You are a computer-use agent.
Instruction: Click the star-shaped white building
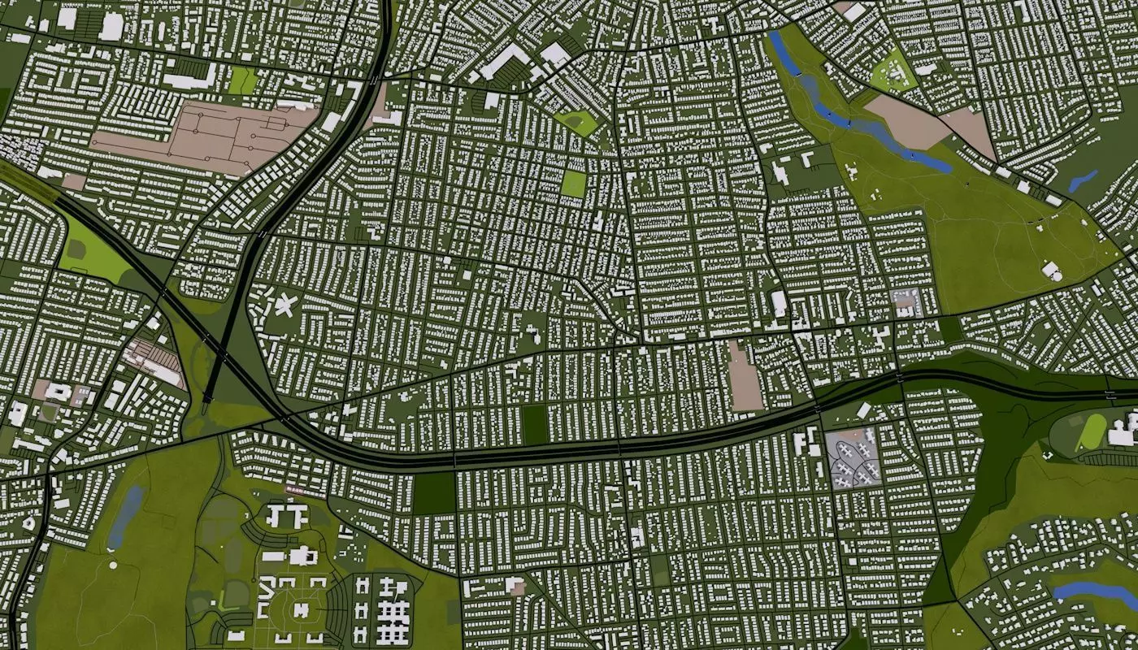(284, 305)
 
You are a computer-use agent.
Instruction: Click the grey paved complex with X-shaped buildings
(853, 457)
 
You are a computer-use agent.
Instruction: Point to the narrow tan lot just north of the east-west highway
(744, 376)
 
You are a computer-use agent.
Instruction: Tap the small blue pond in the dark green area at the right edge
(1083, 180)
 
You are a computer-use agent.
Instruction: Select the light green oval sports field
(1091, 433)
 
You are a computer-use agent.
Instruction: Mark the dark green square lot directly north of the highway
(534, 425)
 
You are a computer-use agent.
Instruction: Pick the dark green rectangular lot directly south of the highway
(434, 492)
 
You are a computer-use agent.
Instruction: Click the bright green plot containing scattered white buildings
(893, 71)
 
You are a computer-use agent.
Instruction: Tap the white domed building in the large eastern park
(1050, 270)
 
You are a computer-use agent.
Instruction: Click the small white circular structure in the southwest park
(112, 564)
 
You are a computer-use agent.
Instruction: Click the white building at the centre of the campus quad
(300, 610)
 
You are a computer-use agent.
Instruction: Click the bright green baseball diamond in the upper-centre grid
(578, 123)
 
